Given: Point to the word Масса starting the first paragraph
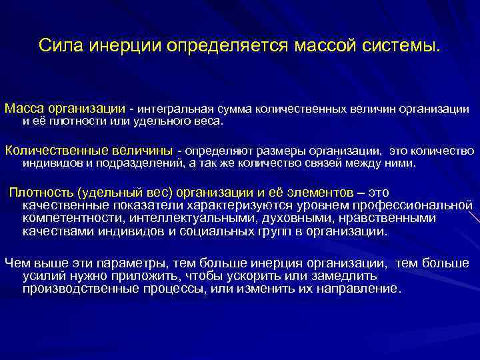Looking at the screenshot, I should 25,108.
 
